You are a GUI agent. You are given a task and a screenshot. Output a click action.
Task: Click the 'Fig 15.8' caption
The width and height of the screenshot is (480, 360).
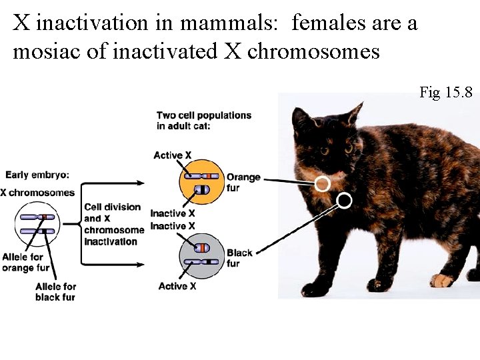tap(445, 92)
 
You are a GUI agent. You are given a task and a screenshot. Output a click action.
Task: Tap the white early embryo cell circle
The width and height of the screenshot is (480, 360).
tap(37, 225)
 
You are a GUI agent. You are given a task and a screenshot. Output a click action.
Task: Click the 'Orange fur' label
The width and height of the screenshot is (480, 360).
tap(243, 182)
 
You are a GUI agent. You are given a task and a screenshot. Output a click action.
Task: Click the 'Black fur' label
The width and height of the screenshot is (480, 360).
tap(239, 257)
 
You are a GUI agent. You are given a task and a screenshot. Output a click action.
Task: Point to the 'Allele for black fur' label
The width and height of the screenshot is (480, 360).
tap(55, 292)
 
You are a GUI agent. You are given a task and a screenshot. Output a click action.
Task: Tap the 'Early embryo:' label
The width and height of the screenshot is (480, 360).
tap(37, 175)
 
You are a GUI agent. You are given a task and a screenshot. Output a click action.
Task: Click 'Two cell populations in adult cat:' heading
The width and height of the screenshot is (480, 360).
tap(203, 120)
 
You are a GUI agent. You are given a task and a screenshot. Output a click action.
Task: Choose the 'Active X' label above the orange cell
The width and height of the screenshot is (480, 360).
tap(172, 155)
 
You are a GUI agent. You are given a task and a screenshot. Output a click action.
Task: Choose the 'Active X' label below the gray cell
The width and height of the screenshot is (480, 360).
tap(177, 286)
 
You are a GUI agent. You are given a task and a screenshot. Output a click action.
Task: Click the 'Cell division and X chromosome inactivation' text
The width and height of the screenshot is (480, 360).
tap(113, 224)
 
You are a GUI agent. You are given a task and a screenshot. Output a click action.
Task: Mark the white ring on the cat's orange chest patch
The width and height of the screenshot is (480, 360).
tap(322, 183)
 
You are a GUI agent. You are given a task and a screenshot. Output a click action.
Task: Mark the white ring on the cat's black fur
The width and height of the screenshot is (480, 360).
tap(345, 200)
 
